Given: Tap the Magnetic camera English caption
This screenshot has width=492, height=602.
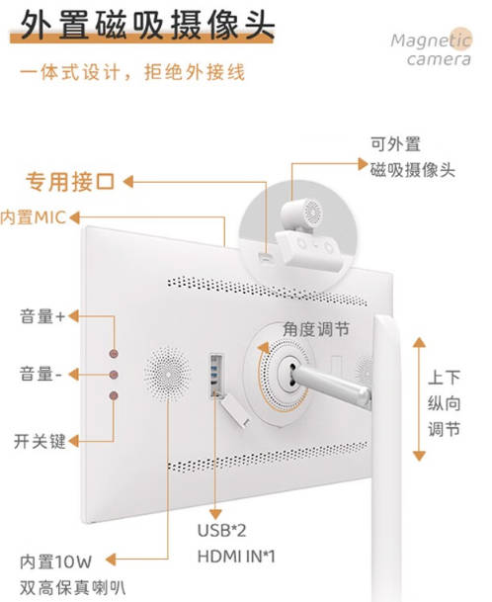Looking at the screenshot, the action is point(432,49).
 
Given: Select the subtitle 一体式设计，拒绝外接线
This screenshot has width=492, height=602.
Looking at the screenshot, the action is point(132,72).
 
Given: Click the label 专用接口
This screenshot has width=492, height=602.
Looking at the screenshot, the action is point(70,182).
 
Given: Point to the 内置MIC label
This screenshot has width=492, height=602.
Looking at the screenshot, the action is point(33,217).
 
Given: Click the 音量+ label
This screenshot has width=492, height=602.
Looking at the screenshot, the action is point(42,316).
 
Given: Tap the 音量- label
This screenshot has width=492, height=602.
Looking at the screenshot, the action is point(41,374).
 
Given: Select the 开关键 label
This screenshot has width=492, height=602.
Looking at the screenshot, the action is point(40,441).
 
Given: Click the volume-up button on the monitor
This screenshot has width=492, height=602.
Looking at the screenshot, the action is point(114,354).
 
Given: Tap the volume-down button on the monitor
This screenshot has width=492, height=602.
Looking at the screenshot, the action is point(114,375).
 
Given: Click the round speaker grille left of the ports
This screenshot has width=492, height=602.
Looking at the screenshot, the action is point(167,375).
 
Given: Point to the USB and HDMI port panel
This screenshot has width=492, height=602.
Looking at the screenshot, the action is point(216,377).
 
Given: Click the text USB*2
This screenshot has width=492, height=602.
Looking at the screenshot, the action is point(222,531).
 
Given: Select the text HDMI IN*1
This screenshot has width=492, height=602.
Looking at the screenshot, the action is point(236,557).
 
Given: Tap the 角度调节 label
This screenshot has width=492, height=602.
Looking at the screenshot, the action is point(316,329).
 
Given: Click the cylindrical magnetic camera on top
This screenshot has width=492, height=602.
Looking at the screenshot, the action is point(301,214).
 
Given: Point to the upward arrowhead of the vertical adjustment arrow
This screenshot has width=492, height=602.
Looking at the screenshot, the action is point(419,342).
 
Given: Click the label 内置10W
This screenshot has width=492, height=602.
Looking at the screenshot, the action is point(56,561).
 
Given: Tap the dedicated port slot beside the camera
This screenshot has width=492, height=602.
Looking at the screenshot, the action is point(266,256).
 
